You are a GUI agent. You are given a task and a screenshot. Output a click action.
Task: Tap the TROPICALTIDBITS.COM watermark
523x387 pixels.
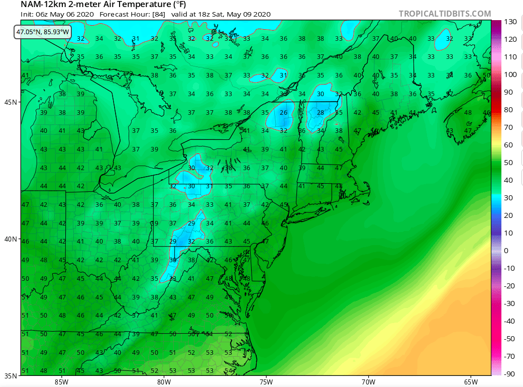coord(445,14)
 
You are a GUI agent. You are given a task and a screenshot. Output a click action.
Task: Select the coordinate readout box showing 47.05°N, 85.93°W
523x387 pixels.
coord(43,31)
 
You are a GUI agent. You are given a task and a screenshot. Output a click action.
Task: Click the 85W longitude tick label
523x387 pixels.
coord(61,381)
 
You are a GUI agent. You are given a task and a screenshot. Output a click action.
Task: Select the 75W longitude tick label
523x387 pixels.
coord(266,381)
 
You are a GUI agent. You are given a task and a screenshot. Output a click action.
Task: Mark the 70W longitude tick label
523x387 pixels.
coord(368,381)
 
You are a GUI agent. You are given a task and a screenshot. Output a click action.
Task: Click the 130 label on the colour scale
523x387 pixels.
coord(510,22)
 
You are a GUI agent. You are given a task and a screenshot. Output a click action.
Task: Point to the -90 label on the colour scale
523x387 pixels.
coord(510,374)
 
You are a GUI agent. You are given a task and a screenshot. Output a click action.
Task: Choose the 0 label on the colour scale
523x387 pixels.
coord(506,251)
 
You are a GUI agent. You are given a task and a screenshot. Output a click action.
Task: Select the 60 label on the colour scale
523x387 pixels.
coord(508,145)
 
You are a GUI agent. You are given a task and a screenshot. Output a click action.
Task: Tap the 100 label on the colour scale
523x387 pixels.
coord(510,74)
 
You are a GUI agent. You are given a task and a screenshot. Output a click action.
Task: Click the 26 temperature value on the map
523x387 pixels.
coord(284,112)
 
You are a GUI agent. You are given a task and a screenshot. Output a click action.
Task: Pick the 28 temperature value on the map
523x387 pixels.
coord(320,112)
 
